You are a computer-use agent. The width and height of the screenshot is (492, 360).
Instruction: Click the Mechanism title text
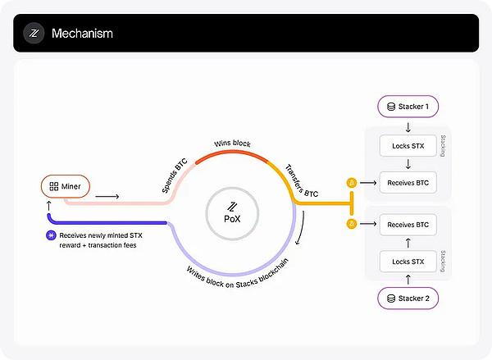(x=82, y=34)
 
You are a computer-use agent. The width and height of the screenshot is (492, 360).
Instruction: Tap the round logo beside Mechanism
(x=34, y=33)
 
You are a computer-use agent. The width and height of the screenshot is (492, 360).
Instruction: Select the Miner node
(x=66, y=186)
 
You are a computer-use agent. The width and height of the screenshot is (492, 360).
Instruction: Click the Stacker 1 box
(x=408, y=107)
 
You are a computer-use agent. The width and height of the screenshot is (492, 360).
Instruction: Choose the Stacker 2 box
(x=408, y=298)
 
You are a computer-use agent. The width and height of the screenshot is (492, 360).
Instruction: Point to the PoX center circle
(x=232, y=214)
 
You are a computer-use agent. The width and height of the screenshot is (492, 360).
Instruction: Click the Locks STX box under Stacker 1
(x=408, y=146)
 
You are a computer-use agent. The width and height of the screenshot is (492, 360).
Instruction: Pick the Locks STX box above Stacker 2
(x=408, y=262)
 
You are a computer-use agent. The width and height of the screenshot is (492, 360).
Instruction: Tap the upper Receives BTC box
(x=408, y=183)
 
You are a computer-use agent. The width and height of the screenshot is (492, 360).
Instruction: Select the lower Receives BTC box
(x=408, y=225)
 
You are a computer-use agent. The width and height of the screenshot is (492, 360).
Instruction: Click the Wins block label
(x=232, y=144)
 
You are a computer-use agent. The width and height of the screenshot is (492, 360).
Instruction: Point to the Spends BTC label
(x=175, y=175)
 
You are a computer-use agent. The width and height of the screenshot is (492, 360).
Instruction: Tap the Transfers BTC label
(x=302, y=181)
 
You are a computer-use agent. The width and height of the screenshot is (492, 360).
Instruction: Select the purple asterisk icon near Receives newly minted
(x=51, y=235)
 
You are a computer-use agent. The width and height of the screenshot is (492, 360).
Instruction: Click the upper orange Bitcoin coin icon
(x=352, y=183)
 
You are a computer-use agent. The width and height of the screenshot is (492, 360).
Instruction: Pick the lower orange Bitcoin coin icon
(x=352, y=224)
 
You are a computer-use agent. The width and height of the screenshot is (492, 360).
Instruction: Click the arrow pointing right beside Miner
(x=107, y=197)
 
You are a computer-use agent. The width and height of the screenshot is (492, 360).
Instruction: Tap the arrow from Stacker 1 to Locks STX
(x=408, y=127)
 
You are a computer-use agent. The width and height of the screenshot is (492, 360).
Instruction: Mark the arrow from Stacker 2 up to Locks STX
(x=408, y=280)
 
